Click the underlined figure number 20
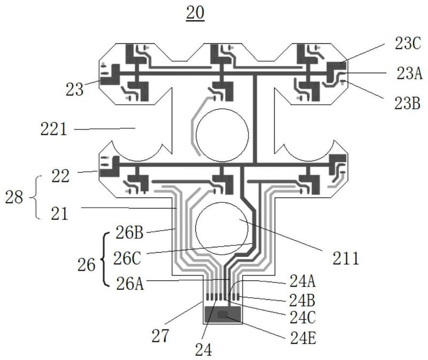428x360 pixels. (x=195, y=13)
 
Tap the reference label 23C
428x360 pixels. (x=408, y=44)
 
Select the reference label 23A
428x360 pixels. (x=409, y=73)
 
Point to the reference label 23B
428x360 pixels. (x=407, y=103)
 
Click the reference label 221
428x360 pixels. (x=53, y=129)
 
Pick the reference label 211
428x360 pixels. (x=346, y=258)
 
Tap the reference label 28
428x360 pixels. (x=14, y=197)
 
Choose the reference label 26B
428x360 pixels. (x=129, y=233)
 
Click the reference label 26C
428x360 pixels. (x=127, y=258)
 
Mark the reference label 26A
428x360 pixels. (x=130, y=284)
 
